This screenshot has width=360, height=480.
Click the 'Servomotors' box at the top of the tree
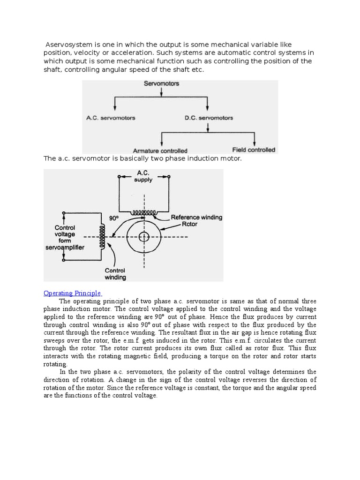tap(161, 84)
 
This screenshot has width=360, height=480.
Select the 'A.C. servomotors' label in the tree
tap(111, 118)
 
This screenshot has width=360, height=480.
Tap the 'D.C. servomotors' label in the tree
tap(209, 118)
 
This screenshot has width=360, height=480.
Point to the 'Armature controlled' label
tap(160, 151)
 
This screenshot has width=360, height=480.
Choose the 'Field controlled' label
tap(254, 150)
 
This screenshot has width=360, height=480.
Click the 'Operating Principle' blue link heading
tap(72, 293)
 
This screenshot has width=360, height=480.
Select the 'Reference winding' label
tap(196, 217)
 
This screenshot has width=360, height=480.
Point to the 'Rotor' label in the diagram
tap(189, 224)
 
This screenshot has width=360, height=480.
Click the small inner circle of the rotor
tap(143, 237)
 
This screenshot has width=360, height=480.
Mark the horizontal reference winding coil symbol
tap(143, 212)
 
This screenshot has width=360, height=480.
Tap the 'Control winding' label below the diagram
tap(115, 274)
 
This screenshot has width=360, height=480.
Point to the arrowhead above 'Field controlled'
tap(255, 142)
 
